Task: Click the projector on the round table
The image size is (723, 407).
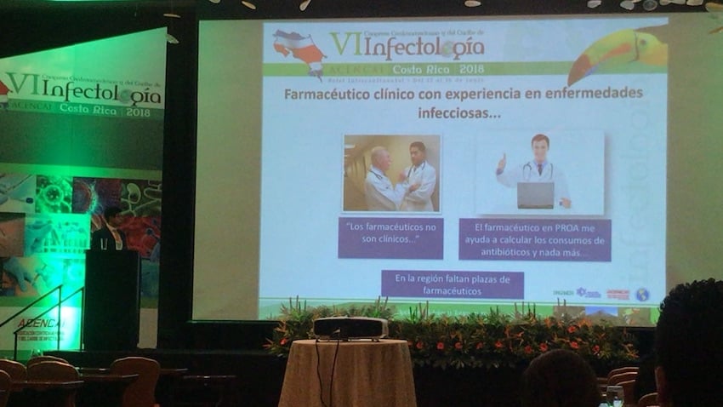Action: pos(350,328)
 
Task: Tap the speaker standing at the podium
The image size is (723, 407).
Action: pos(110,228)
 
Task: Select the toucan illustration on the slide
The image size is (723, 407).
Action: pos(618,51)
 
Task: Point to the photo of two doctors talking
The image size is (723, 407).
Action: pos(391,173)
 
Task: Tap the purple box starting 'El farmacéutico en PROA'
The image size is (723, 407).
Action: pos(534,239)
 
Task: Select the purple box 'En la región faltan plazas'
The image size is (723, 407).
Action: pos(452,284)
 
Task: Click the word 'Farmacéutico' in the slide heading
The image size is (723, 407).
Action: pos(331,93)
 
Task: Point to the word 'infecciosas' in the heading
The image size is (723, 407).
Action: pos(459,112)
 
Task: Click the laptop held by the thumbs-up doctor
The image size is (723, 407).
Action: pos(535,194)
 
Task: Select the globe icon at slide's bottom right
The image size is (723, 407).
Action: pos(641,294)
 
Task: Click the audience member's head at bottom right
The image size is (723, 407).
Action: pos(691,341)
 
